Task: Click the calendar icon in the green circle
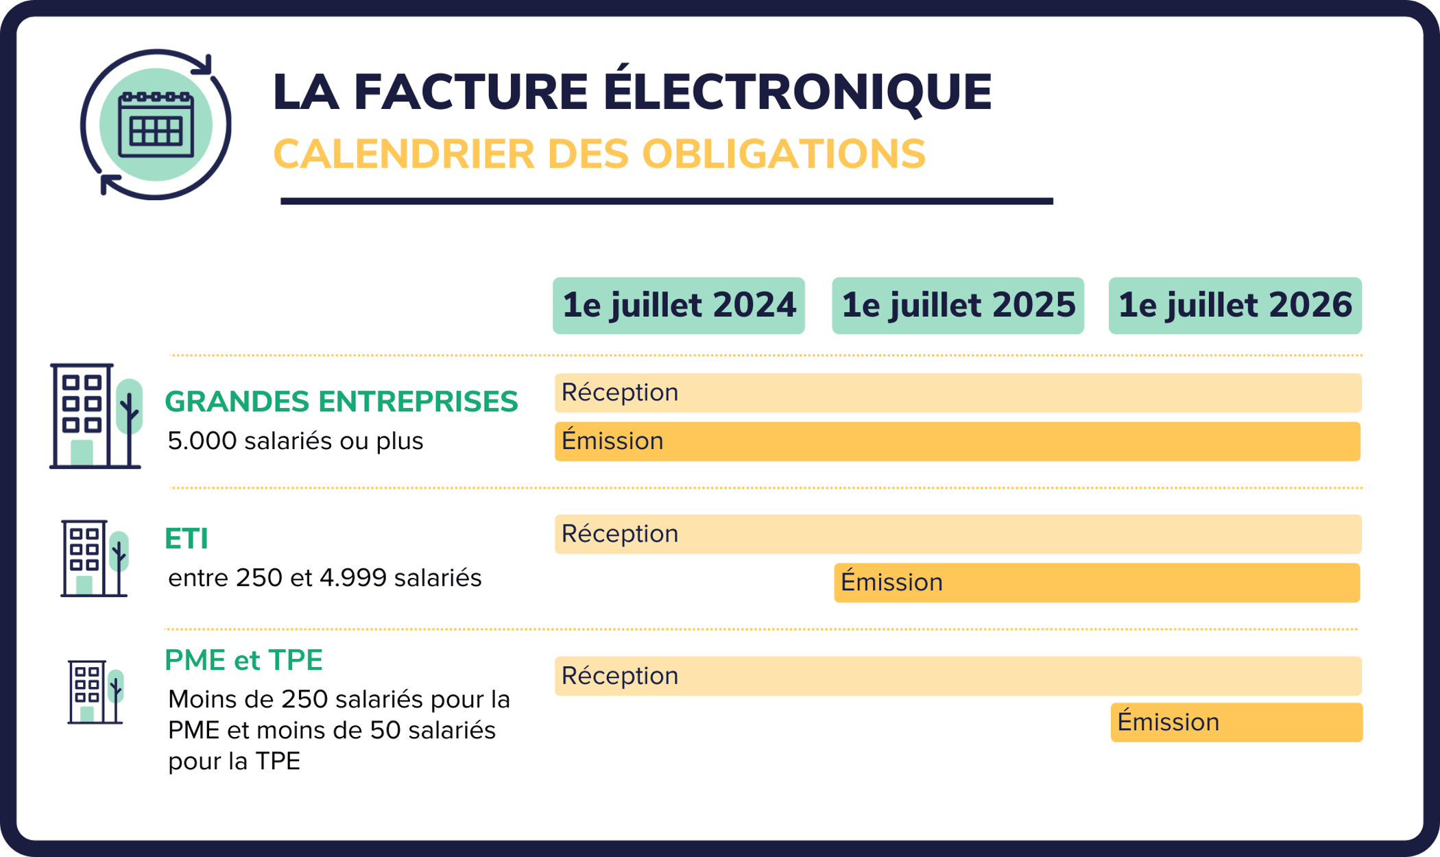(x=156, y=125)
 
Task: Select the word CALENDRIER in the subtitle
(x=403, y=154)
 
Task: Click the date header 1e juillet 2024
(x=679, y=306)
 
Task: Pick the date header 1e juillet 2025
(x=958, y=306)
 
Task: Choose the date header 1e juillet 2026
(x=1235, y=306)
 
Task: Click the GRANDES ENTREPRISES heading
(x=341, y=402)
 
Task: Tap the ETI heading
(x=187, y=539)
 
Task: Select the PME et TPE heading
(x=243, y=660)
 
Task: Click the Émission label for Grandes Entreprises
(x=612, y=441)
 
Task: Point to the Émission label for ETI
(x=891, y=583)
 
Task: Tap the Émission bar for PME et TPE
(x=1236, y=723)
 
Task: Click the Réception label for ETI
(x=620, y=534)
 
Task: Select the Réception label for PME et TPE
(x=620, y=676)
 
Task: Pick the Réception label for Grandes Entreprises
(x=620, y=393)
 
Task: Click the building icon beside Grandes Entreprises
(x=95, y=416)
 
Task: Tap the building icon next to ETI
(x=94, y=558)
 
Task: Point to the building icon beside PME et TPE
(x=95, y=692)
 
